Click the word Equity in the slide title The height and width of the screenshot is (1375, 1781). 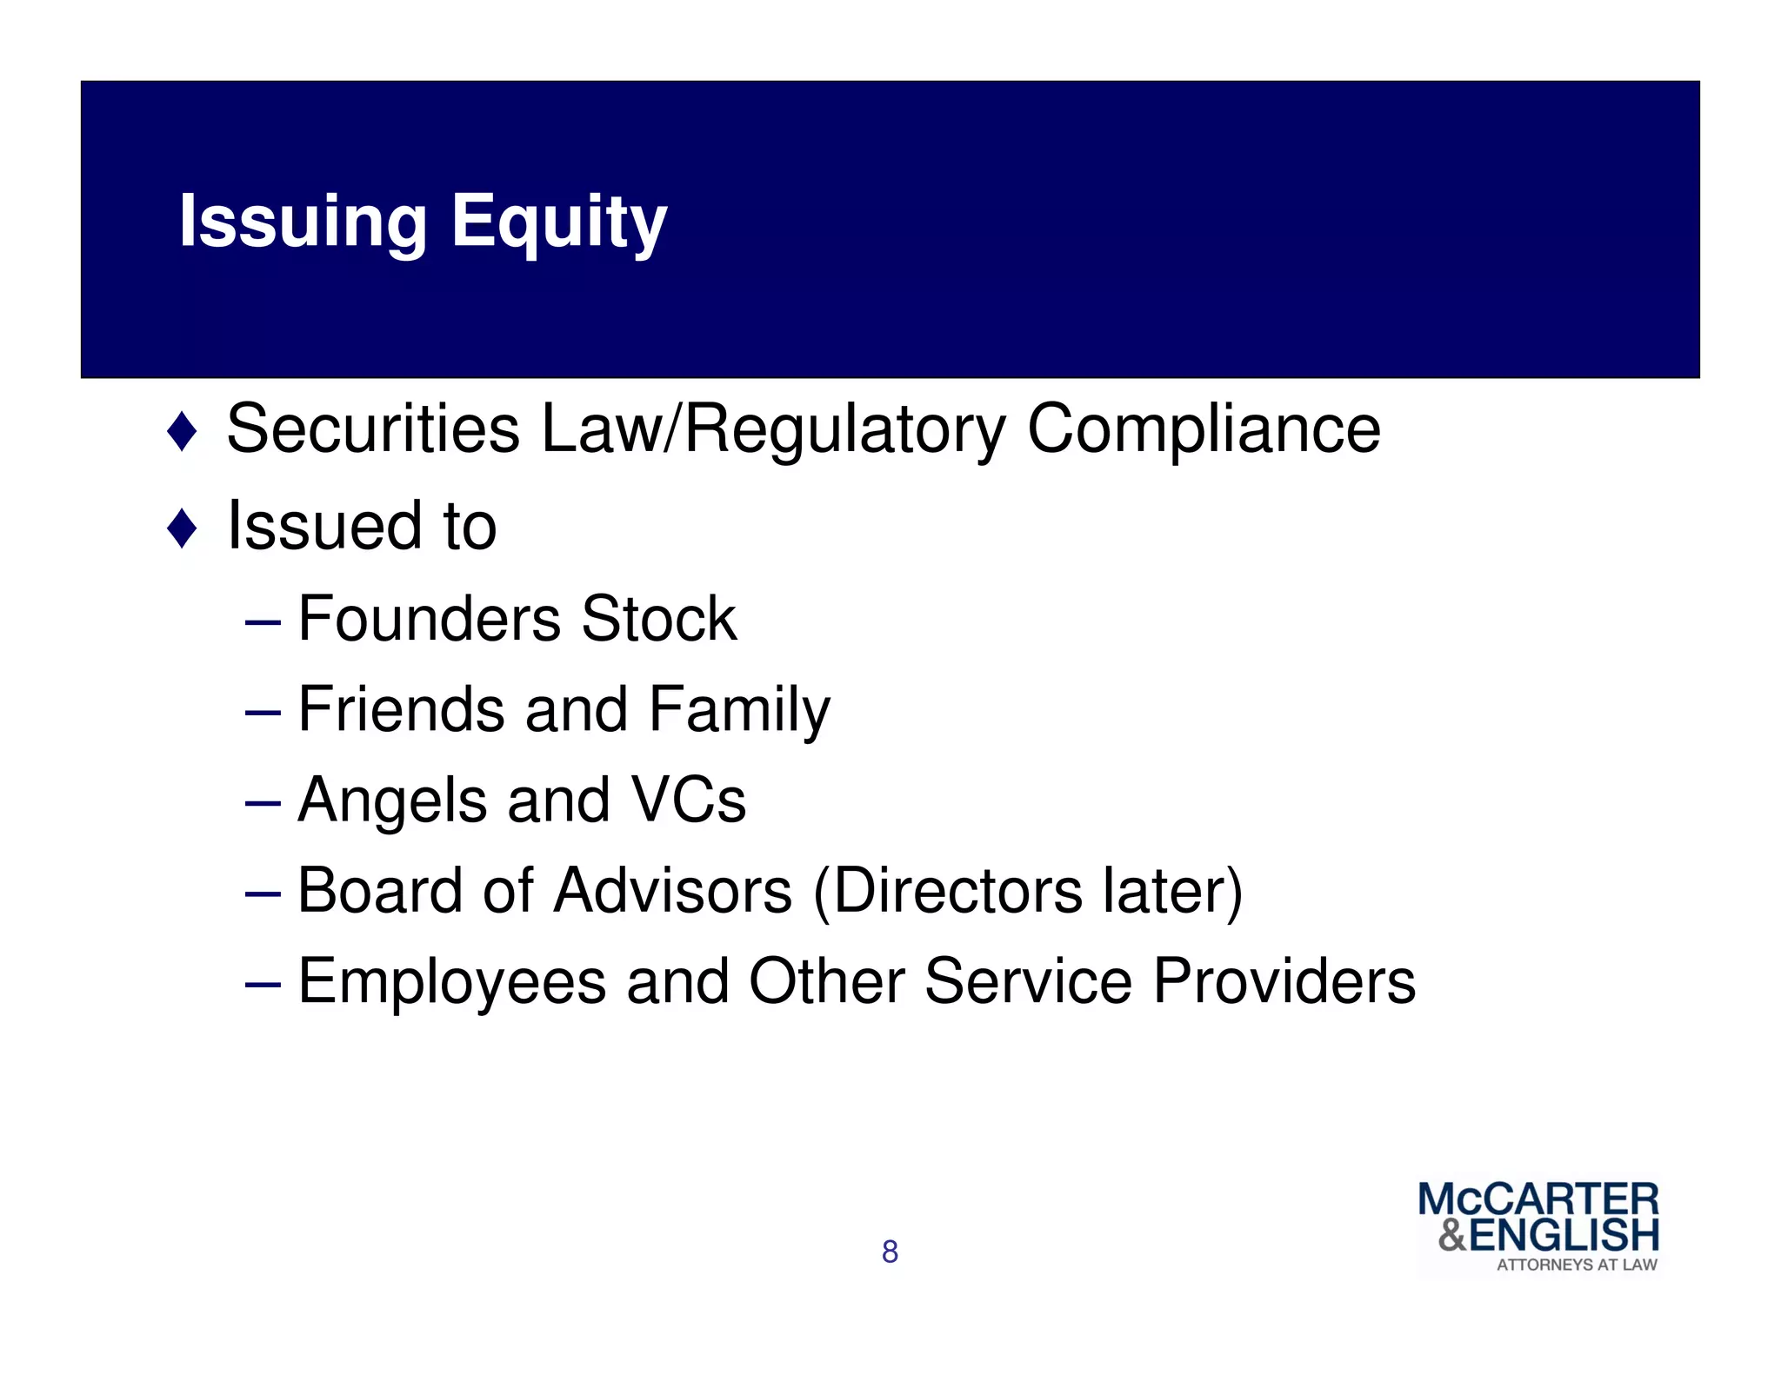coord(558,223)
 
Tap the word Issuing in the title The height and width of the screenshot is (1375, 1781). coord(303,223)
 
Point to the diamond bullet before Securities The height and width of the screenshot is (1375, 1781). coord(183,432)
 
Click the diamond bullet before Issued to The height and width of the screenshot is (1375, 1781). coord(183,528)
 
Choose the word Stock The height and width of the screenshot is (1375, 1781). coord(659,619)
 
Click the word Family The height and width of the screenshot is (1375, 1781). coord(739,710)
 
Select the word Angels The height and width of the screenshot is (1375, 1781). coord(392,800)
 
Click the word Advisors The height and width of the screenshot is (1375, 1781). coord(673,891)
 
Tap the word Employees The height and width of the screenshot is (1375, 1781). coord(452,982)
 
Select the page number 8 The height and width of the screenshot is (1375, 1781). coord(890,1252)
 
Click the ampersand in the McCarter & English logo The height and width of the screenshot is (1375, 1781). coord(1452,1235)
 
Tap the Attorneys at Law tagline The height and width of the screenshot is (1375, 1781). coord(1577,1265)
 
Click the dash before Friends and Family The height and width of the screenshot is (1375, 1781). coord(263,713)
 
